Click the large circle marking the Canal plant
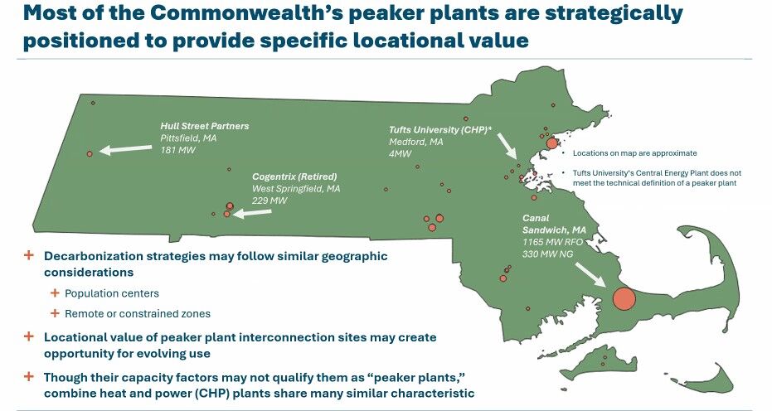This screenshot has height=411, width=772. (624, 298)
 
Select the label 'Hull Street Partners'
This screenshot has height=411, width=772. (205, 127)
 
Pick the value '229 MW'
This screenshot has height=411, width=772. (269, 201)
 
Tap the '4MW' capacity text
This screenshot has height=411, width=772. (401, 154)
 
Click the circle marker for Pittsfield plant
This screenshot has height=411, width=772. (90, 153)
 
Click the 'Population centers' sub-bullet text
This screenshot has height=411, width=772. (112, 293)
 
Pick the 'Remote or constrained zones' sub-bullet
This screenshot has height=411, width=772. (137, 313)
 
